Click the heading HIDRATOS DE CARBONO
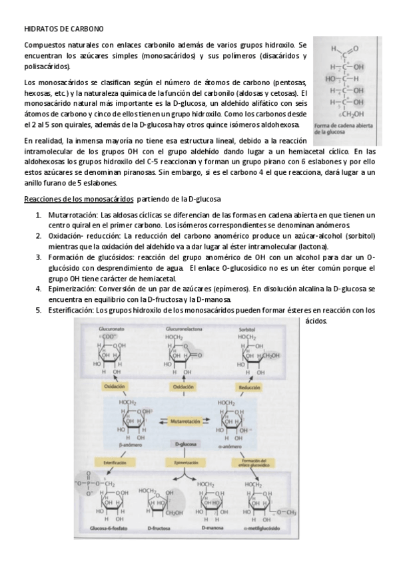[x=63, y=29]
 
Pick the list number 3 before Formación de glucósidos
[x=39, y=257]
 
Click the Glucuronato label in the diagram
[x=113, y=329]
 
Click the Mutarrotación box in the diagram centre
[x=185, y=421]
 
